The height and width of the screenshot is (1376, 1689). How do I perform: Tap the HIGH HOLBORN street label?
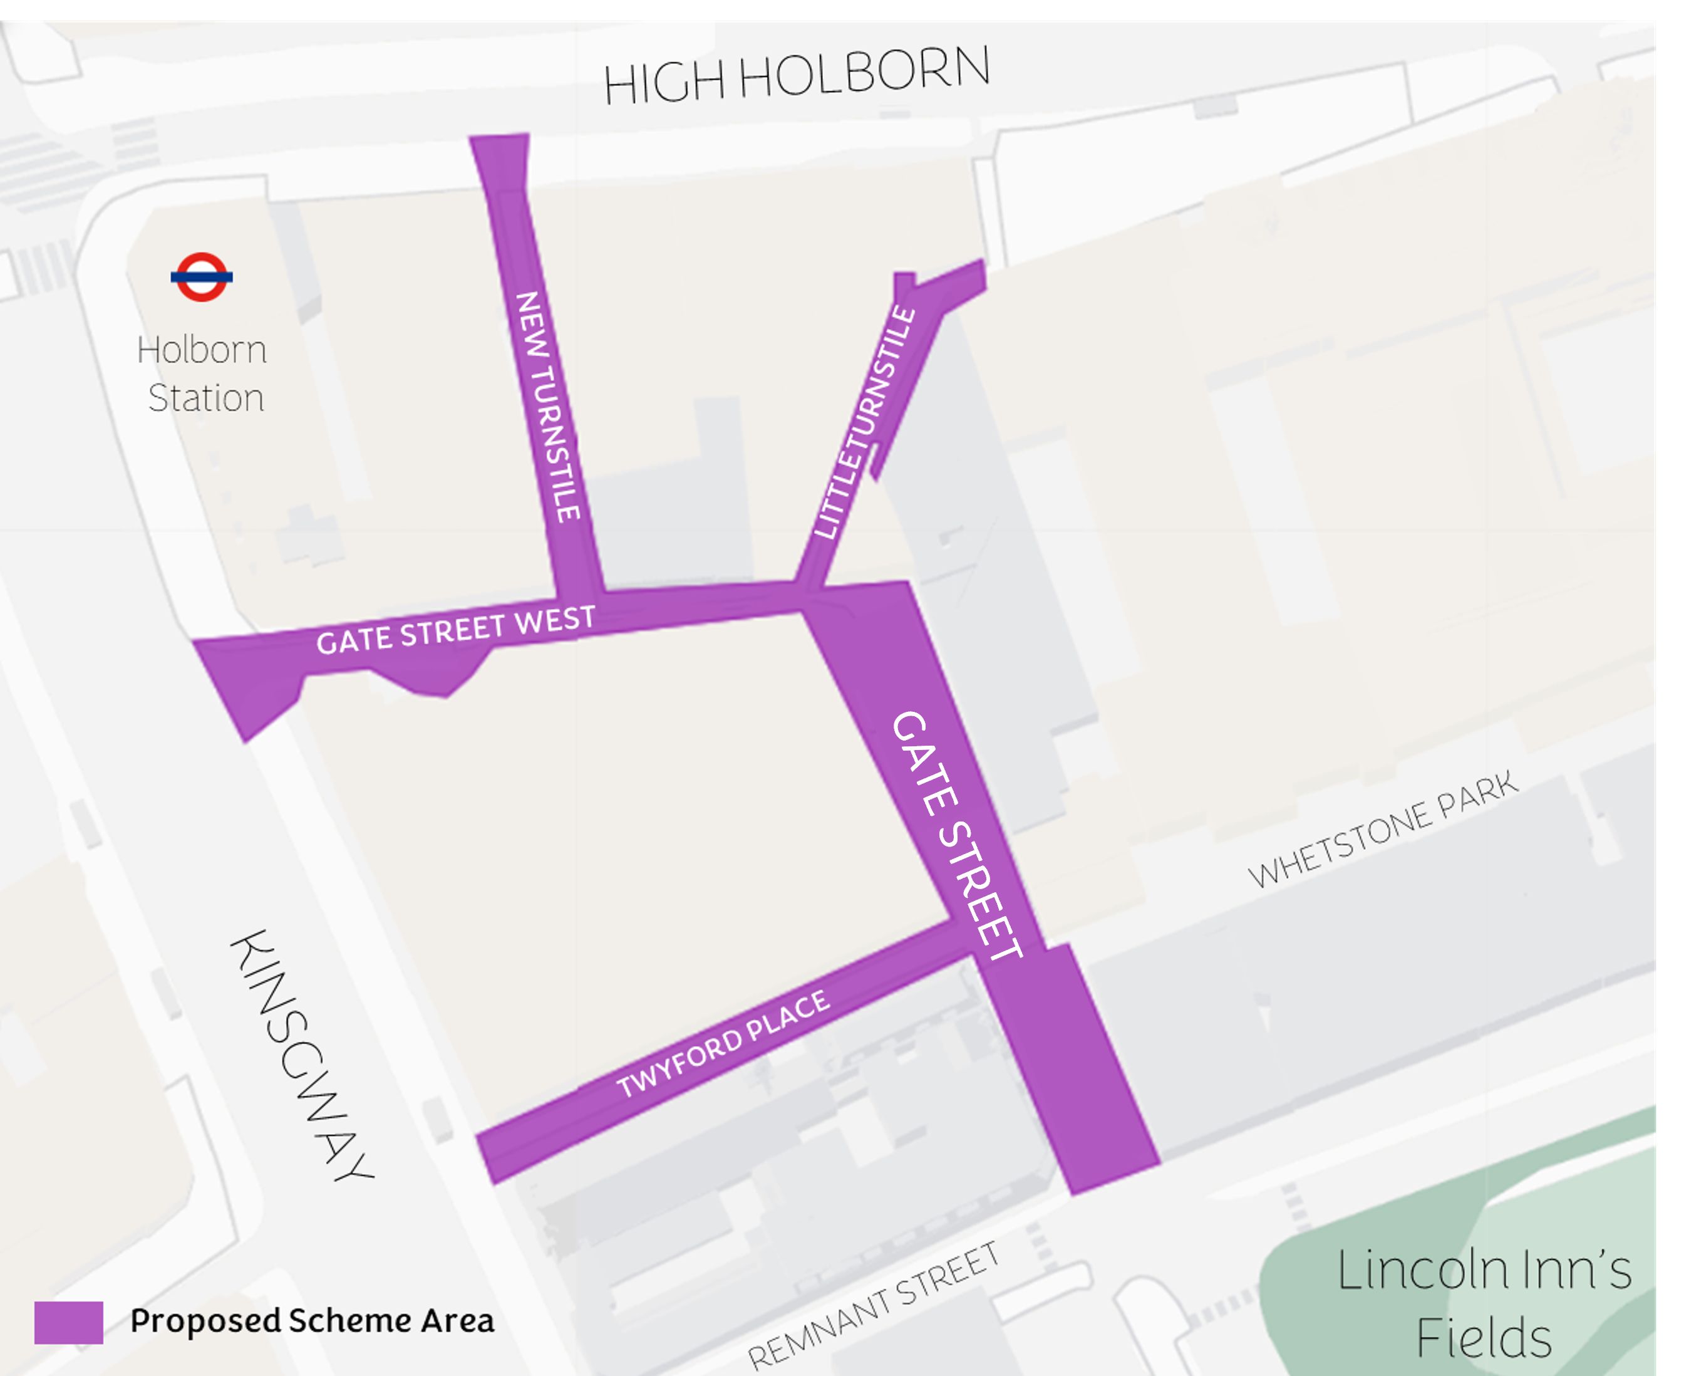796,75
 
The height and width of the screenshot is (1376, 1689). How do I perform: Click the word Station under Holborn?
206,398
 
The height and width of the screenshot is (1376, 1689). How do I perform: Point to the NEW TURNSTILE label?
548,407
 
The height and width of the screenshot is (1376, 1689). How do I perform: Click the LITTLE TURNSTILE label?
865,422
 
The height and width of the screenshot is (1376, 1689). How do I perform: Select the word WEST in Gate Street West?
555,619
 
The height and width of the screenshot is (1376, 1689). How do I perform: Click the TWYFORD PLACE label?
723,1043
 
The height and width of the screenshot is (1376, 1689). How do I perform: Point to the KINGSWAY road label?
301,1056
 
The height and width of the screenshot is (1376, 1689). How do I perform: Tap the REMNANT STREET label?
873,1305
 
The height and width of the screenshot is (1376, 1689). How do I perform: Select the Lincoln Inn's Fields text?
1484,1302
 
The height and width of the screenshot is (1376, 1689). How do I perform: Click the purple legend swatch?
68,1322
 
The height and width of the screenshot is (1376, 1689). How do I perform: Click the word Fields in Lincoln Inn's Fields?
1483,1339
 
